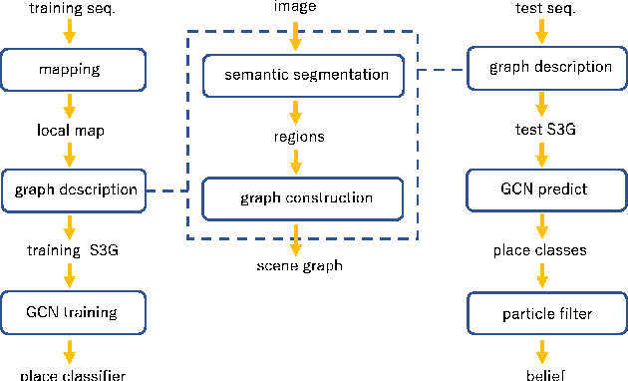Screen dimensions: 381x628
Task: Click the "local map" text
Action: pos(69,130)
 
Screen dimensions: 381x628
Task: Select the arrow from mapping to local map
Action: pos(69,104)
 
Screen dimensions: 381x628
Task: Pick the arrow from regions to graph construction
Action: pos(293,164)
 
